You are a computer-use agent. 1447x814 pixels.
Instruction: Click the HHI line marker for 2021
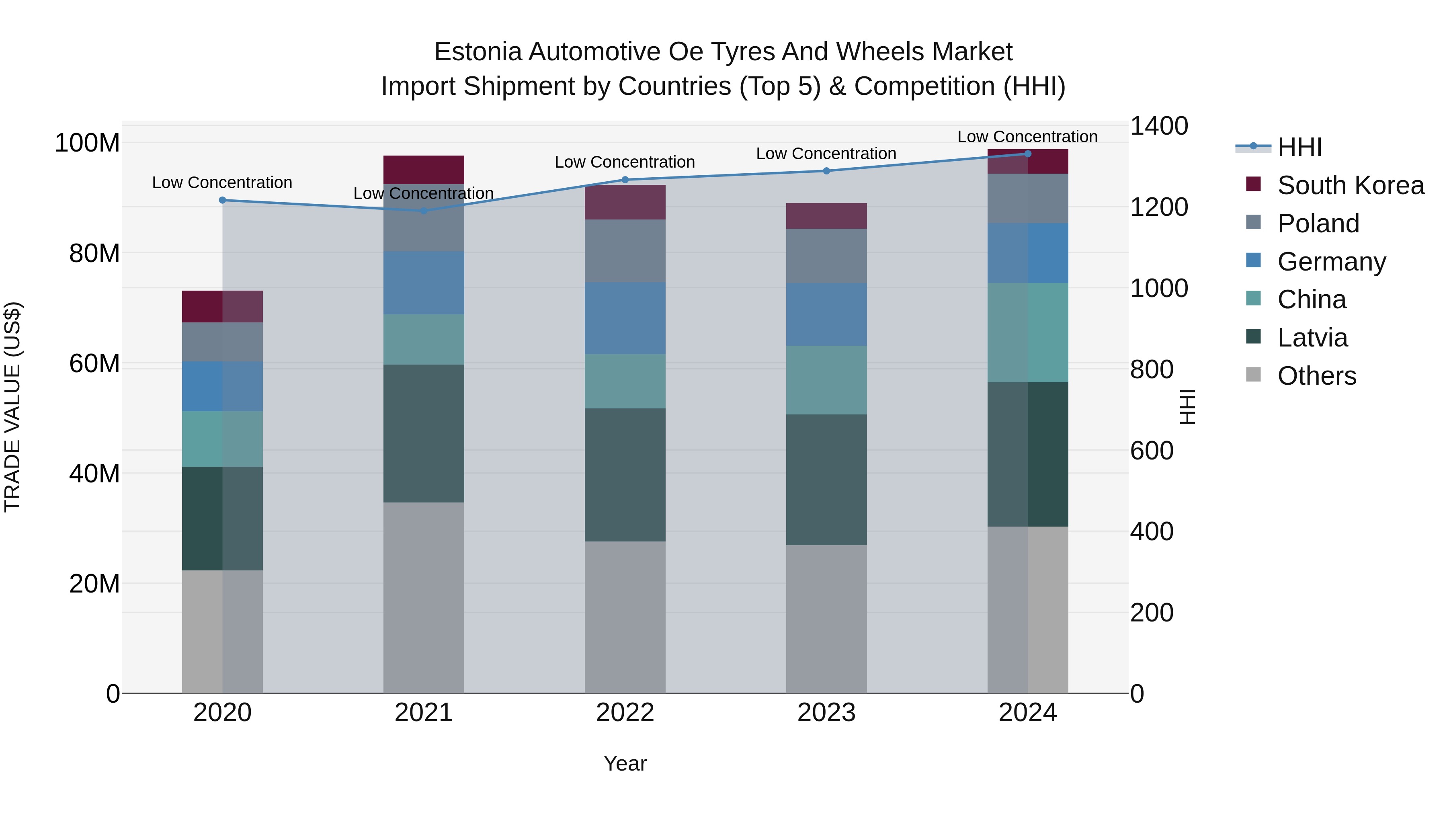click(x=424, y=211)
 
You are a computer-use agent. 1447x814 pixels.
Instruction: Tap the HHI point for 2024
click(x=1027, y=154)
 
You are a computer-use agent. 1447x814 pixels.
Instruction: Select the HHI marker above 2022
click(x=625, y=180)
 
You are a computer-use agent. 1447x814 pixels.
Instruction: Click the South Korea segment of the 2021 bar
click(x=424, y=170)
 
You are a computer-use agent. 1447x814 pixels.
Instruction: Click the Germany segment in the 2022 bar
click(x=625, y=318)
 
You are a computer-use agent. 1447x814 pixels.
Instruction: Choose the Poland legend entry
click(x=1318, y=223)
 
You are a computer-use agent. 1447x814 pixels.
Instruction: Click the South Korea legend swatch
click(x=1253, y=184)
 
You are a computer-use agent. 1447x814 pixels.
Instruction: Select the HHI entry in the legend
click(x=1299, y=147)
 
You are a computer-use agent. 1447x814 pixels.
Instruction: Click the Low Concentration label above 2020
click(x=222, y=182)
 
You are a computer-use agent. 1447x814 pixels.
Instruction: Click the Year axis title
click(x=625, y=763)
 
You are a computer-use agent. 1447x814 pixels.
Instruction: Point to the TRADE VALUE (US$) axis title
click(x=12, y=407)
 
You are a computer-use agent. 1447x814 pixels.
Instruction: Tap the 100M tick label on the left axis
click(x=87, y=143)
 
